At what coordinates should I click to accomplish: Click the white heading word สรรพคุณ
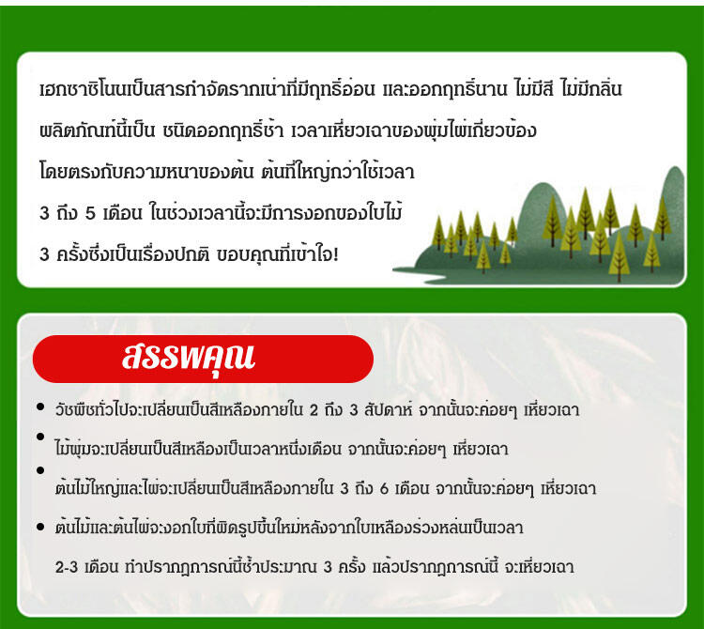(189, 359)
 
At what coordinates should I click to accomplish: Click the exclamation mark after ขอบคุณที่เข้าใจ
(336, 254)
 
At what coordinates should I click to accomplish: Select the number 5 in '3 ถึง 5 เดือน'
(91, 213)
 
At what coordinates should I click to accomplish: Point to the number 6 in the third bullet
(384, 488)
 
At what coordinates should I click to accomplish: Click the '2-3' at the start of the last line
(67, 567)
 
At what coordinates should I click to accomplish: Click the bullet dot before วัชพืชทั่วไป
(40, 407)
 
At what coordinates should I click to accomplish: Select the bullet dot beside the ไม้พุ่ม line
(40, 437)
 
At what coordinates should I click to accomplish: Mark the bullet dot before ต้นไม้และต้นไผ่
(40, 527)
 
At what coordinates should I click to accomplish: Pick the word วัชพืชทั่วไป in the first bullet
(85, 410)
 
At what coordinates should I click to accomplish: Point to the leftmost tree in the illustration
(438, 232)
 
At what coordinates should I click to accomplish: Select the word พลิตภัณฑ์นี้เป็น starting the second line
(97, 131)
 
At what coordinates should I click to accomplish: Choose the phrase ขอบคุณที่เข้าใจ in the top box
(274, 254)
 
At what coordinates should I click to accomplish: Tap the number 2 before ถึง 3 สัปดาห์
(314, 410)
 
